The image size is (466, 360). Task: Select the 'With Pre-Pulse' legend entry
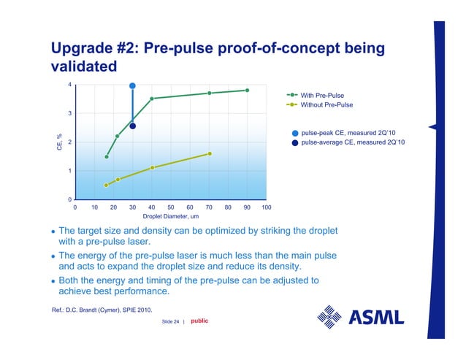(x=322, y=95)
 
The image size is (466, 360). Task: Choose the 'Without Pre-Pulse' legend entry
(x=326, y=104)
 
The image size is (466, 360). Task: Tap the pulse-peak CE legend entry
(x=348, y=133)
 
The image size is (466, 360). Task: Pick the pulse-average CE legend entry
(x=353, y=142)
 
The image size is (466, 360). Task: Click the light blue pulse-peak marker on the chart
(x=132, y=85)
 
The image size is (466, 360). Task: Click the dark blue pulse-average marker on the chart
(x=133, y=126)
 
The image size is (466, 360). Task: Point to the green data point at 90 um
(x=248, y=90)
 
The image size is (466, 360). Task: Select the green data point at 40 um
(x=152, y=99)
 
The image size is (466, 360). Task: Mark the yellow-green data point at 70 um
(x=210, y=153)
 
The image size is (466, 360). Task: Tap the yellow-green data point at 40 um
(x=152, y=168)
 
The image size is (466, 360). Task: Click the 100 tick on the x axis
(x=267, y=207)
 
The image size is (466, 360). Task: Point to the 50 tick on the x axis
(x=171, y=207)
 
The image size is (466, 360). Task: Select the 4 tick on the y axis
(x=69, y=85)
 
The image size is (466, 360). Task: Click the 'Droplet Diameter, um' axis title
(x=171, y=216)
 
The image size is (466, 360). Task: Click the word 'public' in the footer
(x=199, y=320)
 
